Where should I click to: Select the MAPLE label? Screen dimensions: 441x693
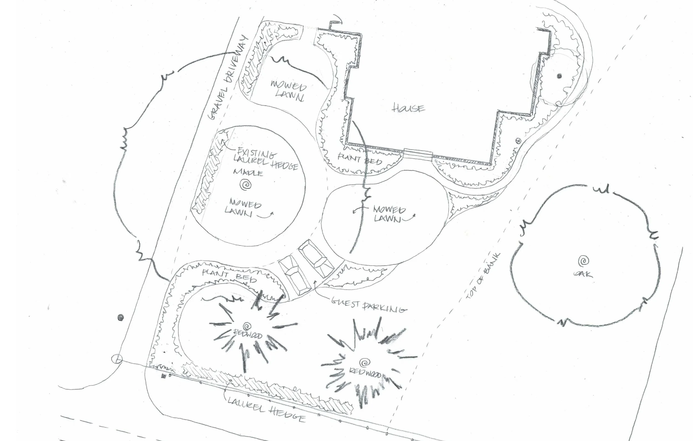[248, 173]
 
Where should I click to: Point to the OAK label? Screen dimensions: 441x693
[583, 274]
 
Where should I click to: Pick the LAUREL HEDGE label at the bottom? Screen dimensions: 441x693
[266, 409]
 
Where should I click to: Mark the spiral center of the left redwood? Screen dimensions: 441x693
[247, 326]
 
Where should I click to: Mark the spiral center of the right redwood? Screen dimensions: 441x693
[365, 362]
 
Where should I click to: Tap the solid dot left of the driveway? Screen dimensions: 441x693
[121, 318]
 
